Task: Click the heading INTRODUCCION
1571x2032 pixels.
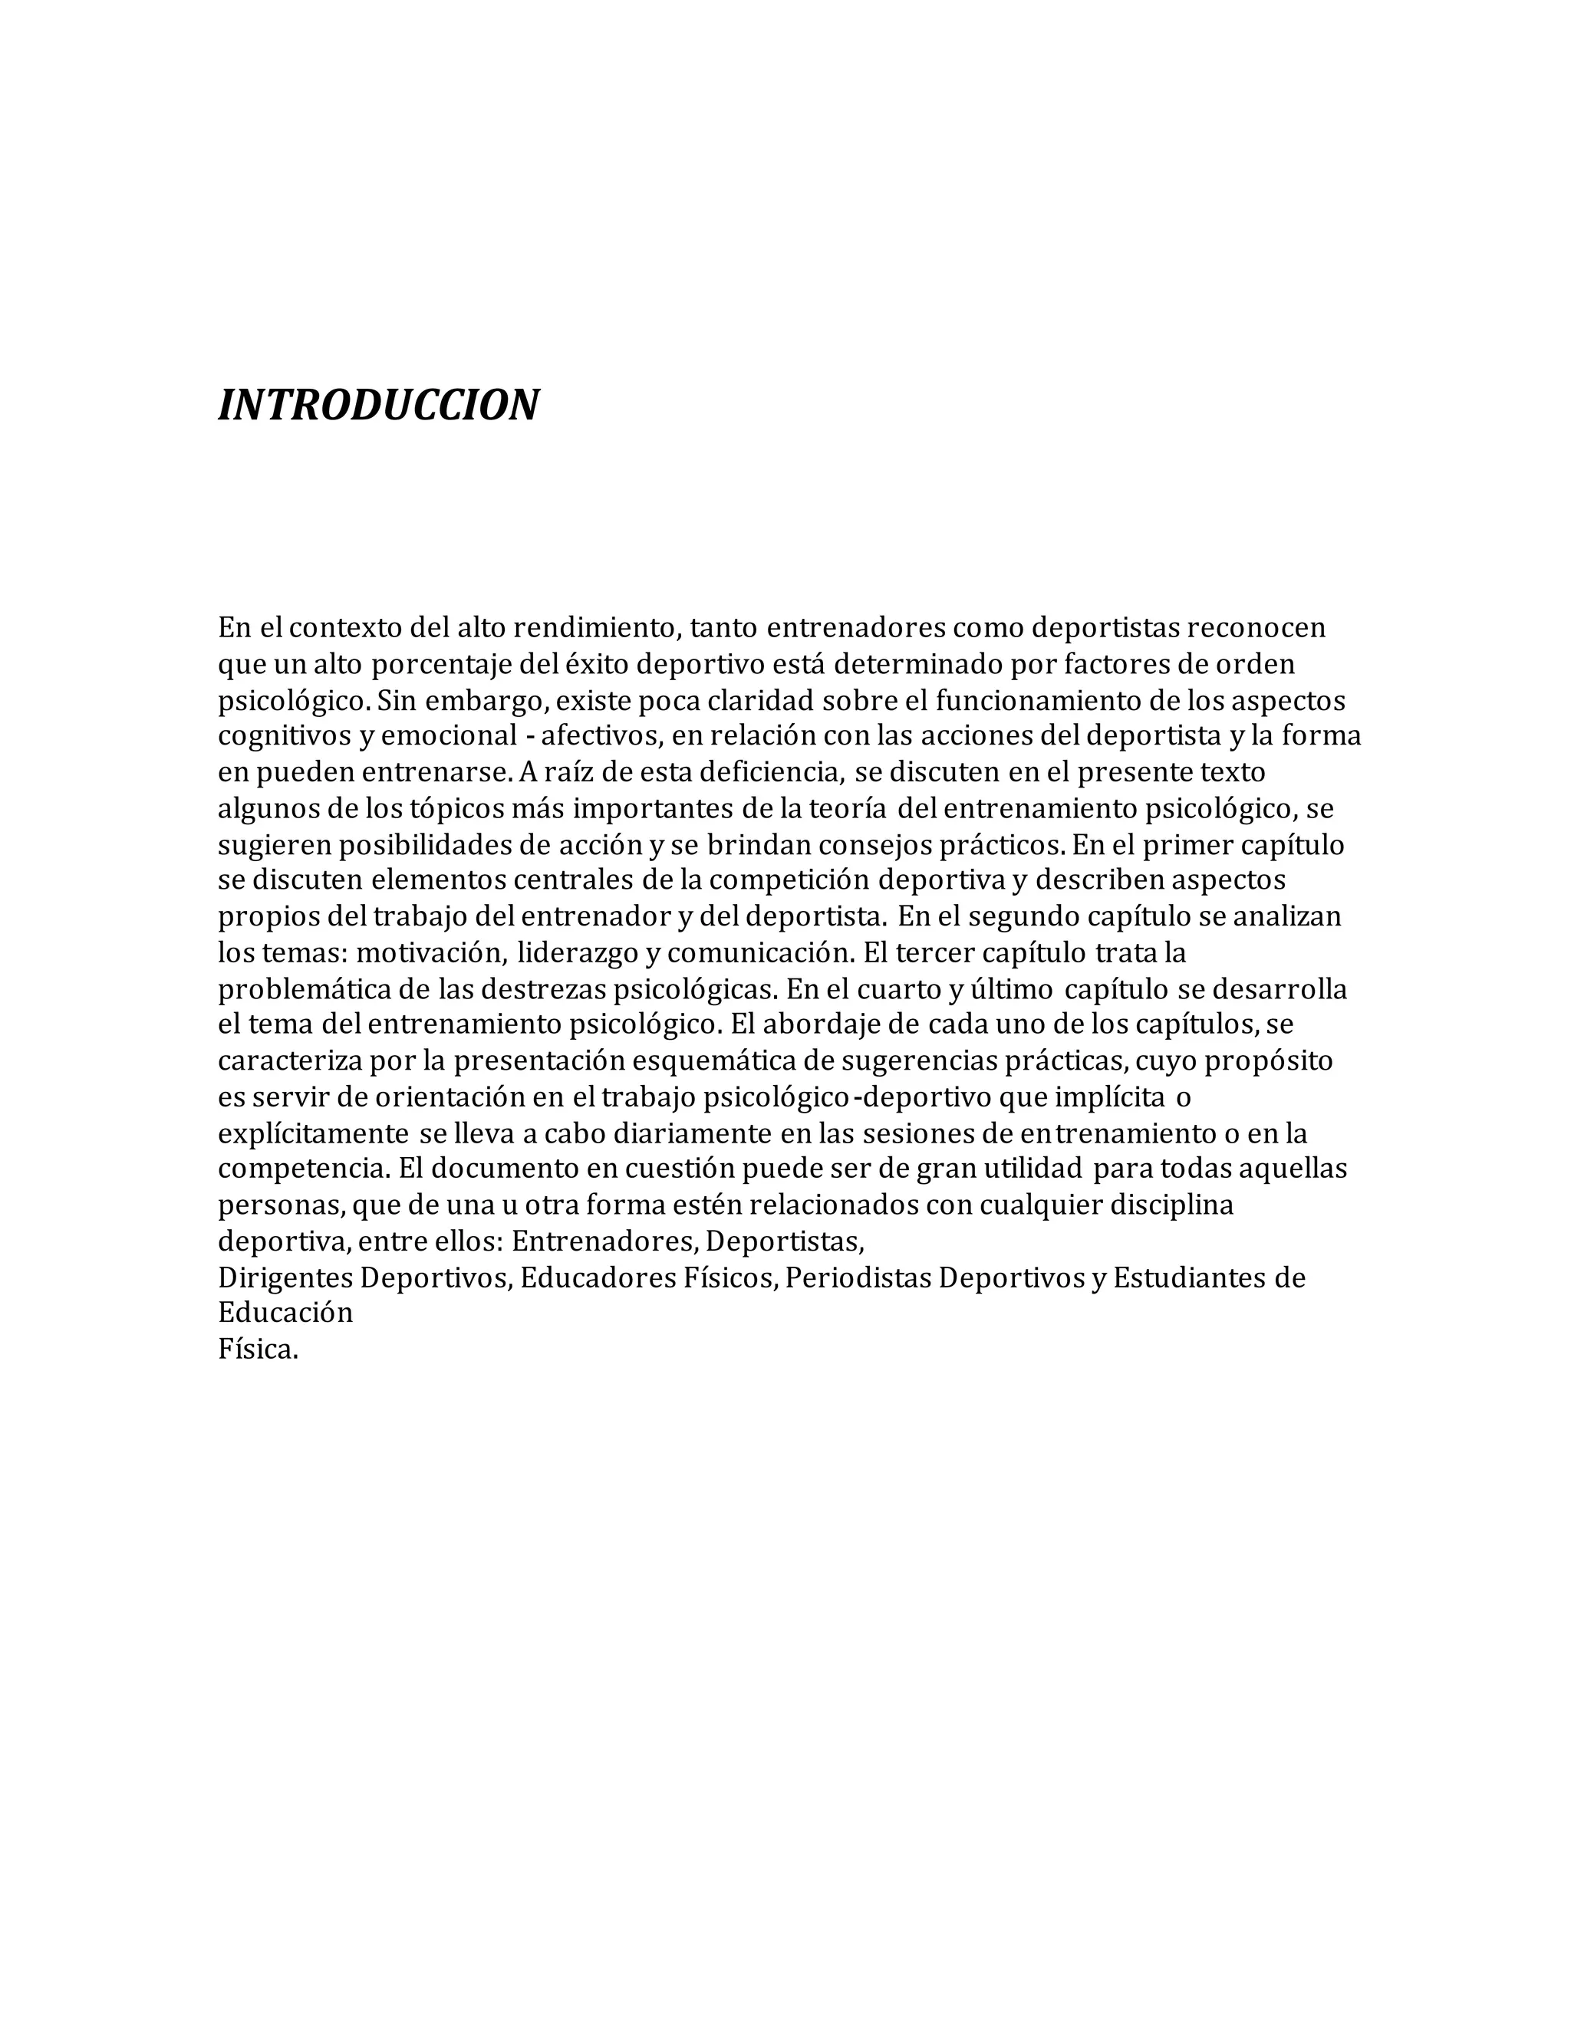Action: pyautogui.click(x=378, y=405)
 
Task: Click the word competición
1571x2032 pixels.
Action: pyautogui.click(x=789, y=880)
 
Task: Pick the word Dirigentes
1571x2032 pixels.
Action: pyautogui.click(x=285, y=1278)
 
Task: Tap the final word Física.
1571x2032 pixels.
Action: pyautogui.click(x=258, y=1350)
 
